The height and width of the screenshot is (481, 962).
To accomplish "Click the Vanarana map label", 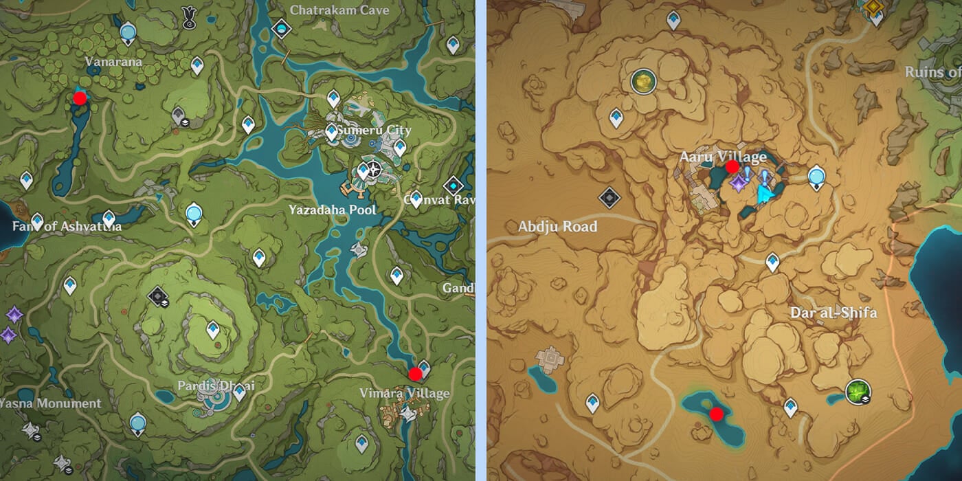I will (113, 62).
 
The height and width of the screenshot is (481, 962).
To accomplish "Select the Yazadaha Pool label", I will (333, 210).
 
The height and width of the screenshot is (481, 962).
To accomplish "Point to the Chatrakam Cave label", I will (339, 10).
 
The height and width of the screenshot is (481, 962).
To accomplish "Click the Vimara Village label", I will (405, 393).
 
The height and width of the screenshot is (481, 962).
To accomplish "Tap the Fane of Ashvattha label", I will (67, 226).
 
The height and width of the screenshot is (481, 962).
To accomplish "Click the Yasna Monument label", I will (49, 403).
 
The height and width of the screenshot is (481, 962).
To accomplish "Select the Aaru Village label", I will (723, 157).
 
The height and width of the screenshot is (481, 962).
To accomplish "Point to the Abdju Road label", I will (557, 226).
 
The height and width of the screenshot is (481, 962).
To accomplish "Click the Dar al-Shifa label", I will (834, 313).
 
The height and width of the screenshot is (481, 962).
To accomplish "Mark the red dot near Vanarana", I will (80, 98).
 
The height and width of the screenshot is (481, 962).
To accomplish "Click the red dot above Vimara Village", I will (415, 374).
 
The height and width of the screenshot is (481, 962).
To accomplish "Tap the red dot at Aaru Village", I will (732, 166).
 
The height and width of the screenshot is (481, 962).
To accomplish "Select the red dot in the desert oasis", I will (717, 414).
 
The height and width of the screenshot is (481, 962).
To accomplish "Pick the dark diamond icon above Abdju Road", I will (609, 199).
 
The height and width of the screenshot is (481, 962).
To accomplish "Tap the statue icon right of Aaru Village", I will (816, 177).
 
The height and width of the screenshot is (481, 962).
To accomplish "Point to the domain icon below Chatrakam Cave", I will (281, 29).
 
